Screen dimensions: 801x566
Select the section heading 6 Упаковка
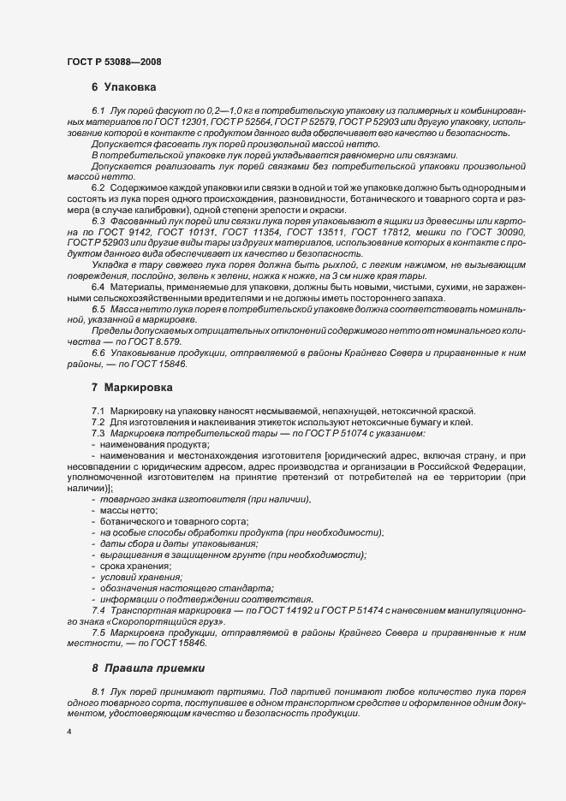click(x=123, y=87)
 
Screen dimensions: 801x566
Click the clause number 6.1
click(x=97, y=113)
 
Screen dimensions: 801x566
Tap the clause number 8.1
click(x=97, y=690)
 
